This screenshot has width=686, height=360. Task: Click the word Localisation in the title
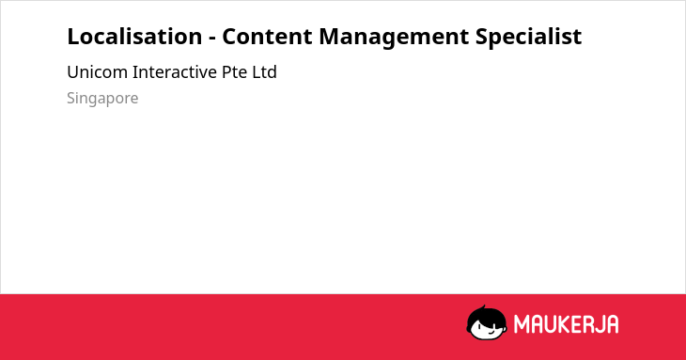[134, 37]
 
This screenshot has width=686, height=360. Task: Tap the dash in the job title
[212, 39]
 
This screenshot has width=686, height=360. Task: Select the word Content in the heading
[267, 37]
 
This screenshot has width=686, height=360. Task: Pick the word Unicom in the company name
[97, 72]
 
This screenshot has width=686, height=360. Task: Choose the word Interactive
[175, 72]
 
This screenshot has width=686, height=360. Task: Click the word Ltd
[264, 72]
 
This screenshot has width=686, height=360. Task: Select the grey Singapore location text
[102, 99]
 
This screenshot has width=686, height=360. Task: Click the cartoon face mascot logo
[487, 322]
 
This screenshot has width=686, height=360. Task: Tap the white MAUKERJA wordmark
[566, 324]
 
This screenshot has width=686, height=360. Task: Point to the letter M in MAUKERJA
[522, 324]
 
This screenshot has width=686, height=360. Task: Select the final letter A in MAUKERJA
[613, 324]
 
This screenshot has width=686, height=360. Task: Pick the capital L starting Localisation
[72, 37]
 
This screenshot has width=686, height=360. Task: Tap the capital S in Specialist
[482, 37]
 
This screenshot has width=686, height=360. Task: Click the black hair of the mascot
[486, 314]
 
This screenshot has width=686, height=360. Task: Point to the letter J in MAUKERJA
[599, 324]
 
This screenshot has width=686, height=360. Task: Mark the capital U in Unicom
[72, 72]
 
